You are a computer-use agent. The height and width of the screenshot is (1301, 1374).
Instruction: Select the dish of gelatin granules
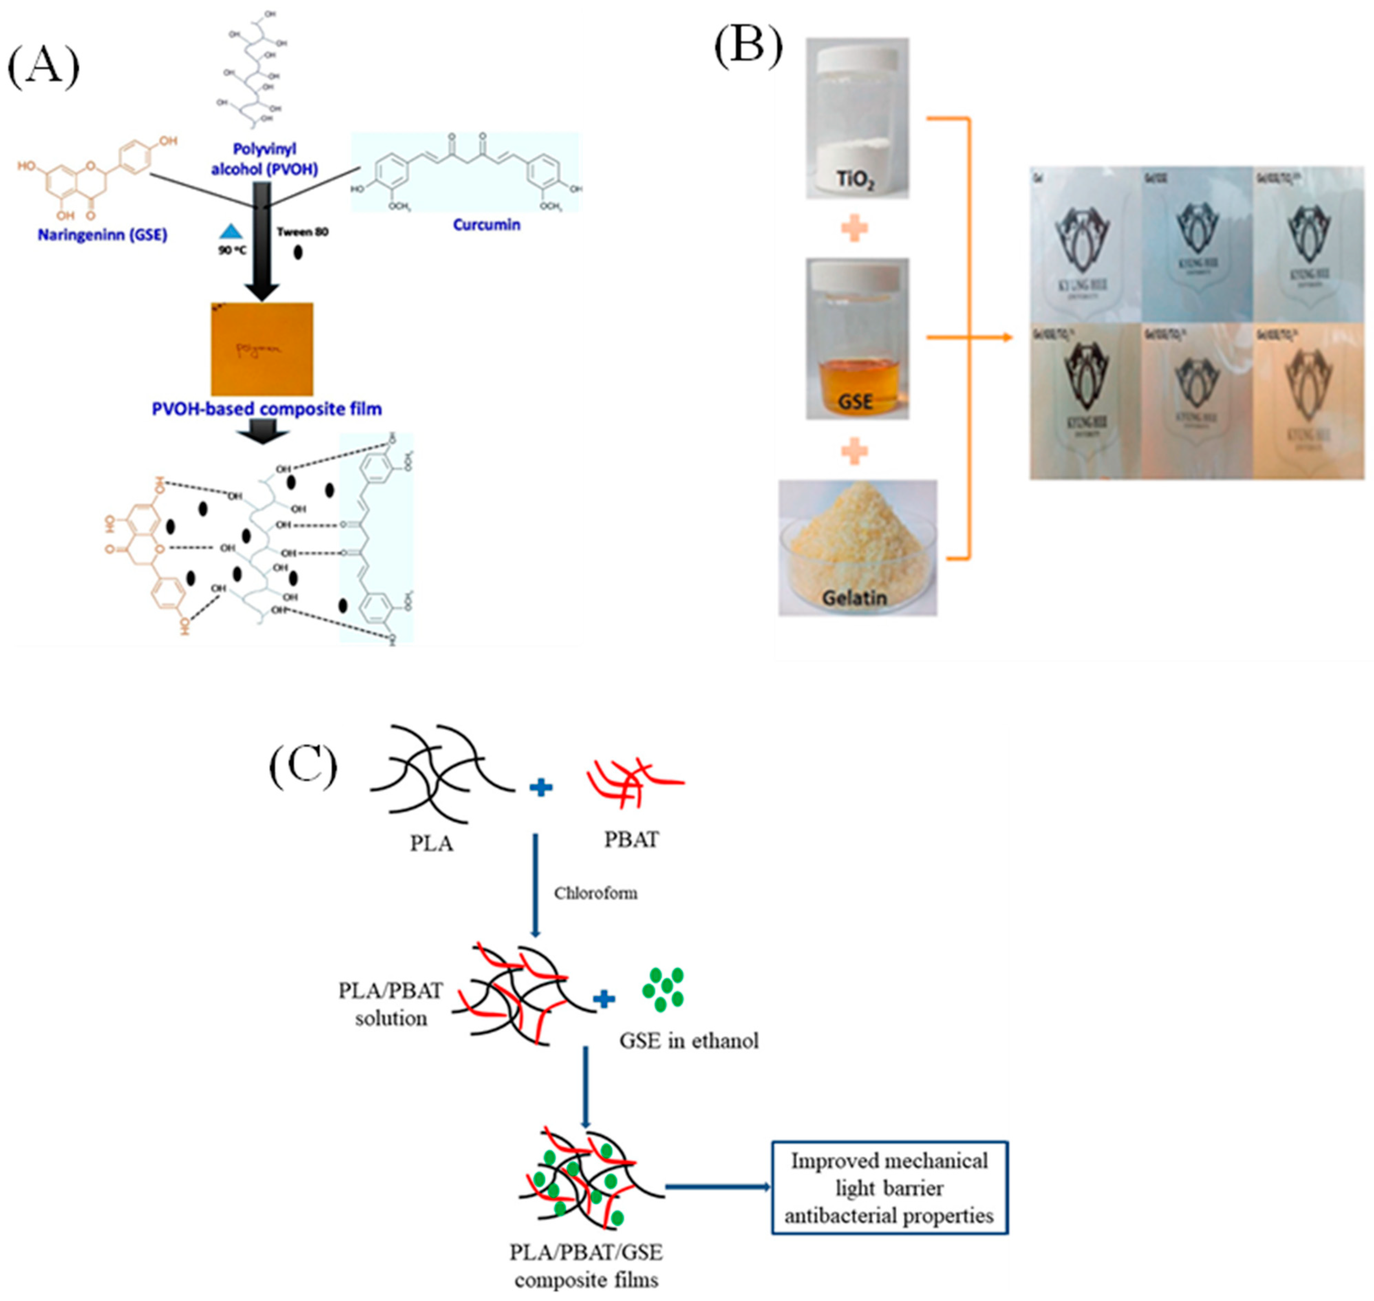(x=857, y=548)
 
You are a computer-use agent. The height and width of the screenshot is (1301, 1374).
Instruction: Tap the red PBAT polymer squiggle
(x=633, y=784)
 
